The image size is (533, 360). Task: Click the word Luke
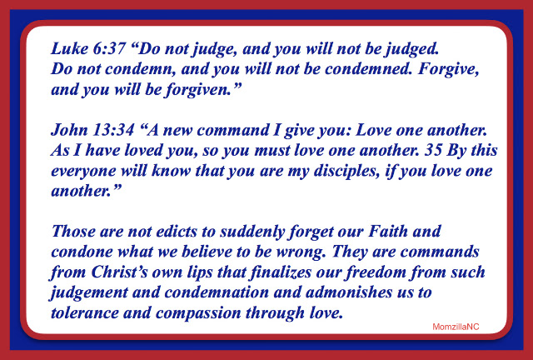tap(69, 49)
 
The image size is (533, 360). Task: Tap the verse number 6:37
tap(109, 49)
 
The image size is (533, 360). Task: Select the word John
tap(69, 130)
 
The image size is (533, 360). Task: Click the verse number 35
tap(433, 151)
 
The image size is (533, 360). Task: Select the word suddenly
tap(252, 232)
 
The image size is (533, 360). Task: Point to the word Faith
tap(388, 232)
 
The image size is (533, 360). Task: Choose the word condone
tap(82, 252)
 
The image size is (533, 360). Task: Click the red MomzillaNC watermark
tap(456, 327)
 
